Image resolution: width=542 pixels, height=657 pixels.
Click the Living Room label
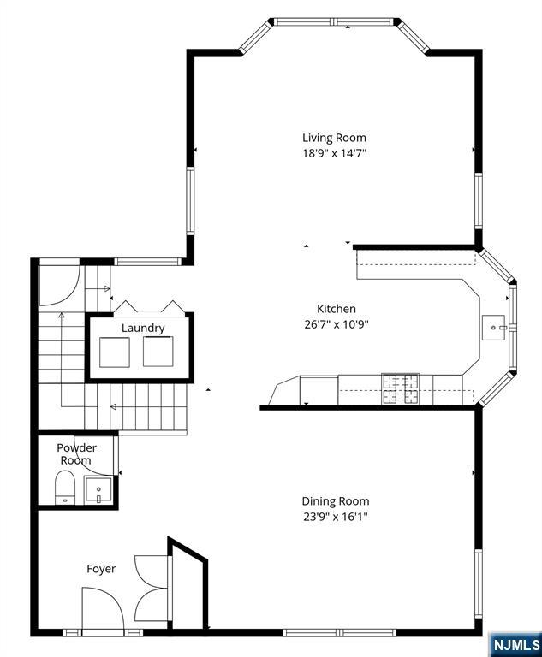point(334,138)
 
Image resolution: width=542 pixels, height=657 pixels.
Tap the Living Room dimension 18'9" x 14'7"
point(334,153)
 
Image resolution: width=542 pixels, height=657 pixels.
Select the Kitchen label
point(337,309)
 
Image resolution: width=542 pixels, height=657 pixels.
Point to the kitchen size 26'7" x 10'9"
point(337,324)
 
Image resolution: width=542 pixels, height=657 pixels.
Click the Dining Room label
point(336,501)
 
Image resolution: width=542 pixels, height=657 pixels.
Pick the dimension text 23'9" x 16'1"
point(336,517)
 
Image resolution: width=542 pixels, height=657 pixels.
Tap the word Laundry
point(143,328)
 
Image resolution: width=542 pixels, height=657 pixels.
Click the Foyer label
point(101,569)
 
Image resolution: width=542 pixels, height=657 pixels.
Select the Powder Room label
point(76,453)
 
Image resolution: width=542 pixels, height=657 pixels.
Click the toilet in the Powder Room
point(65,488)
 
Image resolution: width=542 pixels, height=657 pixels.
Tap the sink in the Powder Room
point(98,490)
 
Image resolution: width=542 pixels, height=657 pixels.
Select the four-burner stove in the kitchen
point(400,389)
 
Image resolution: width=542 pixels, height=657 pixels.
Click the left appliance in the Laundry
point(115,352)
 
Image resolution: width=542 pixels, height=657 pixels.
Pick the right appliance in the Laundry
point(158,351)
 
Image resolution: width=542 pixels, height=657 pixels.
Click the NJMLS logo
point(515,644)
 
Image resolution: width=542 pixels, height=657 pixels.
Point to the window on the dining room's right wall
point(479,583)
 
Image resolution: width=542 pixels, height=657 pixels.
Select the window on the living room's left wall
point(190,201)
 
